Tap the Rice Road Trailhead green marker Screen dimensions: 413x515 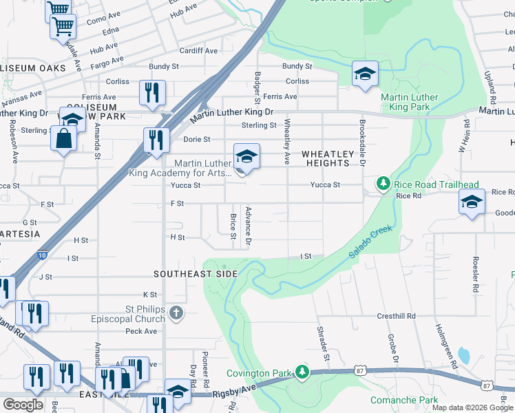(383, 184)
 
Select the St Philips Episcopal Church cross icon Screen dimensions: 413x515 (176, 314)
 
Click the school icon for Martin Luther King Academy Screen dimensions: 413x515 (246, 157)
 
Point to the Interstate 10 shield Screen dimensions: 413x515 (43, 253)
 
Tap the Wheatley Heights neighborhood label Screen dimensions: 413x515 (327, 158)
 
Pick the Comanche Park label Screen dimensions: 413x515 (404, 400)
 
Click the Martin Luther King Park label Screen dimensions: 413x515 (399, 103)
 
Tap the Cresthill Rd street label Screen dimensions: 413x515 (396, 316)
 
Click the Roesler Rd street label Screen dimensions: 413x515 (474, 275)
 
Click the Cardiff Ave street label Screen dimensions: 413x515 (198, 51)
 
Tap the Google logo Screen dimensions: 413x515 (23, 405)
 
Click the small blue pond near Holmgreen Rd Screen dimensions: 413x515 (463, 356)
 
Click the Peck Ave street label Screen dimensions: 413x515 (142, 331)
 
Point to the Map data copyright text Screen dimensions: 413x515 (472, 407)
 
